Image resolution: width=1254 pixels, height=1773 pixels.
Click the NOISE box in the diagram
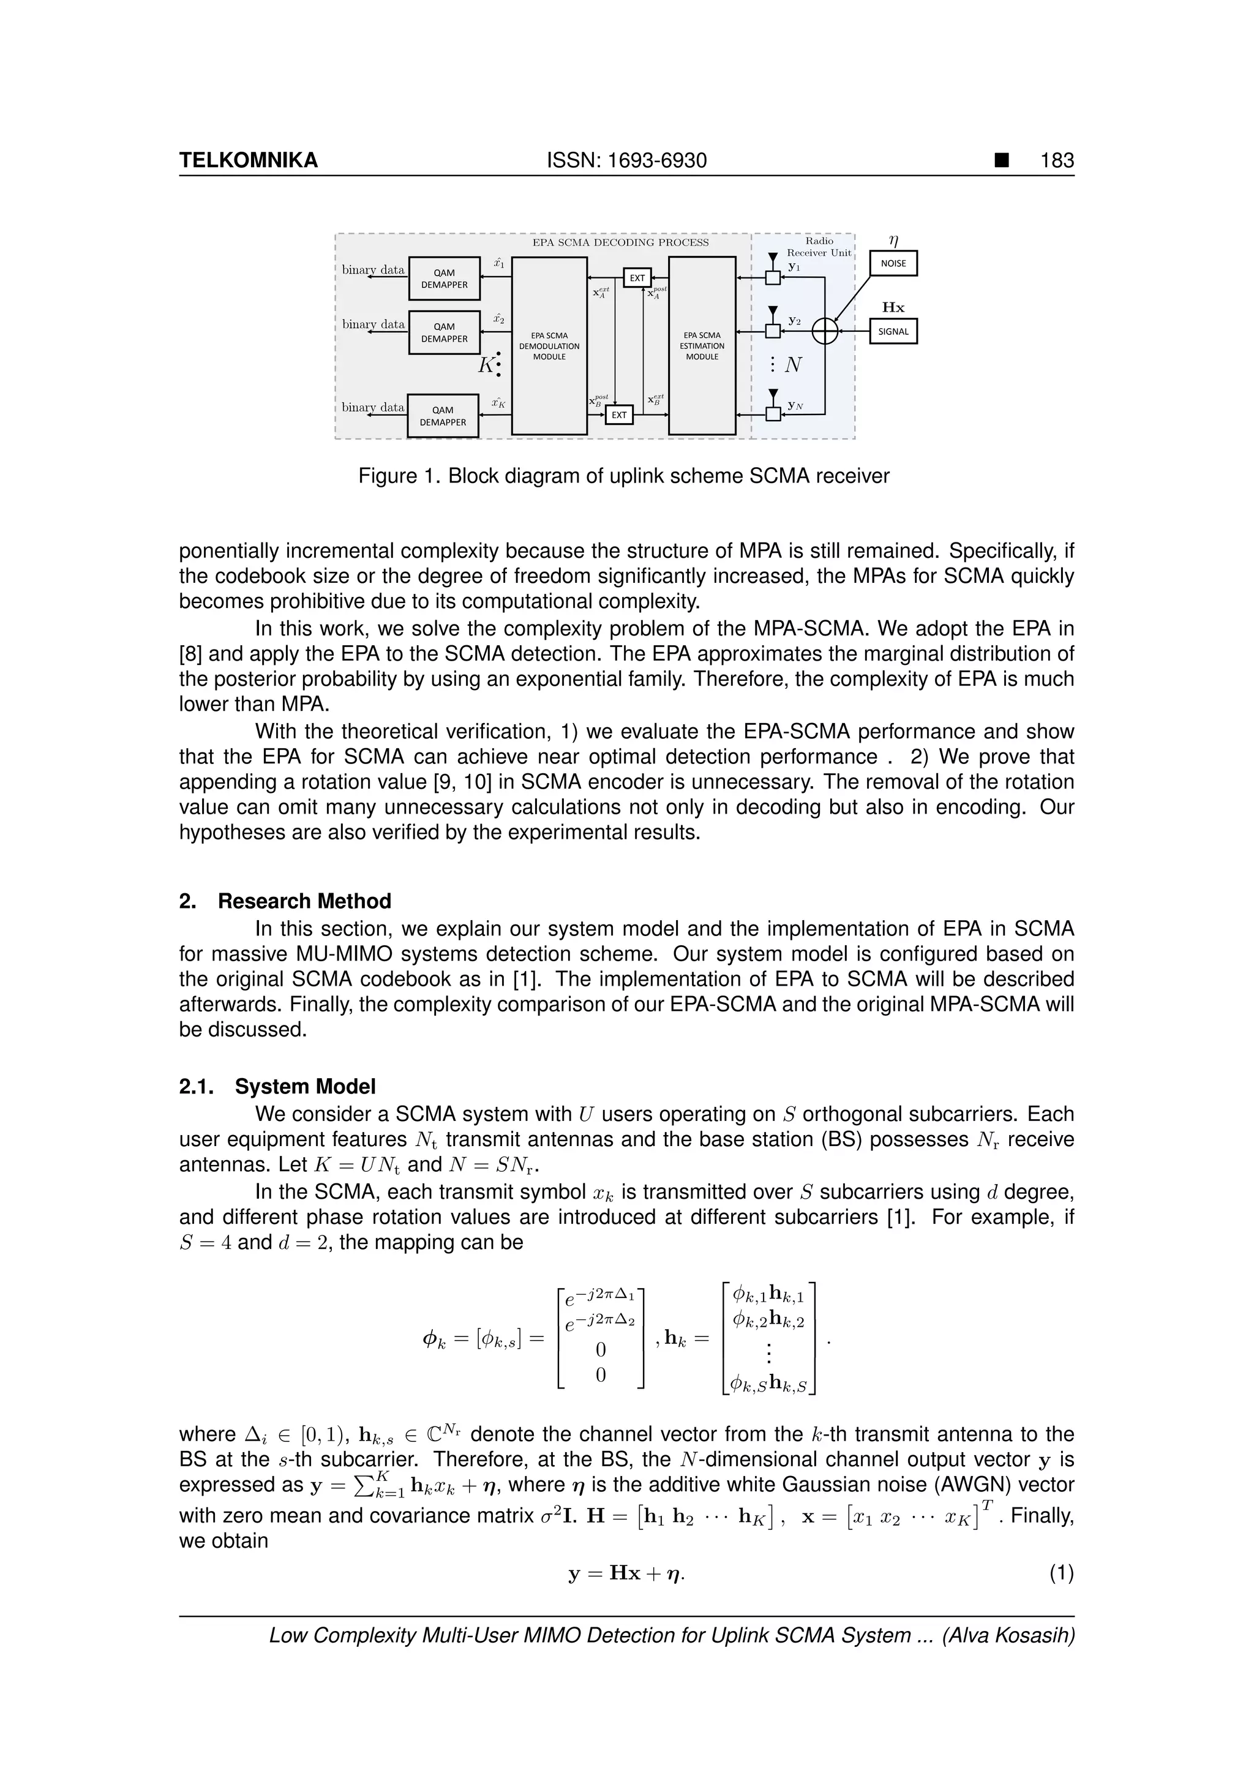click(x=893, y=263)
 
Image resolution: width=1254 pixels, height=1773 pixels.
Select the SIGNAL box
click(x=893, y=331)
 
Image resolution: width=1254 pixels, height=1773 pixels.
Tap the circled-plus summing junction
click(x=825, y=331)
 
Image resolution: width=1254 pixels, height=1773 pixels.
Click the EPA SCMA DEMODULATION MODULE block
click(x=549, y=346)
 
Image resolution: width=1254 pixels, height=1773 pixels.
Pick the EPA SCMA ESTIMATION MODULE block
click(x=702, y=346)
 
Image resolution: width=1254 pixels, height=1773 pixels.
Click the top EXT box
click(x=637, y=278)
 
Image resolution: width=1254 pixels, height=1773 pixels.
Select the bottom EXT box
click(x=619, y=414)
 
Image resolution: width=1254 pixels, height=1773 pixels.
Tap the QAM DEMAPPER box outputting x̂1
click(x=444, y=279)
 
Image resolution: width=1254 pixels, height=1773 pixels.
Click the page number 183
click(x=1057, y=160)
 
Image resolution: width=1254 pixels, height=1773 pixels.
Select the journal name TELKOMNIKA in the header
click(x=249, y=160)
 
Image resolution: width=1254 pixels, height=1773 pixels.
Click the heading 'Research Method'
click(x=304, y=901)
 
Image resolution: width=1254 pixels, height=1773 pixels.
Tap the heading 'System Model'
click(x=305, y=1087)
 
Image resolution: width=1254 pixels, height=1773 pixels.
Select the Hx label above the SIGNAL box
click(x=893, y=307)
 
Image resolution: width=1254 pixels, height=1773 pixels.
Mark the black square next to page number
click(x=1002, y=160)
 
